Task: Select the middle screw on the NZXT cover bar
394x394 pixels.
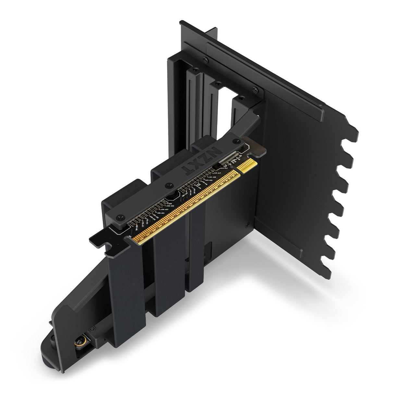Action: pos(168,186)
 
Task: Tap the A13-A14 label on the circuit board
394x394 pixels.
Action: pos(224,168)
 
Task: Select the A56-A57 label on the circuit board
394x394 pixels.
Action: pos(164,210)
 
